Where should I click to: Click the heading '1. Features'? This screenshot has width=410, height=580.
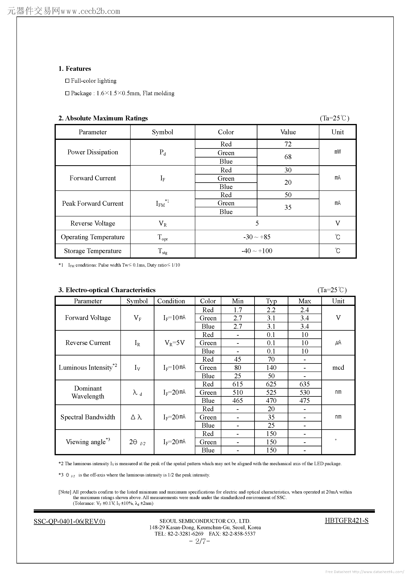click(x=75, y=69)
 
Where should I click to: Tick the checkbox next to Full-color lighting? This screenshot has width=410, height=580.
click(x=67, y=81)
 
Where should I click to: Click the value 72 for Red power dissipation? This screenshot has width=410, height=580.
click(x=288, y=144)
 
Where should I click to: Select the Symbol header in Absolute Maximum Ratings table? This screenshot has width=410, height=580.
click(x=163, y=132)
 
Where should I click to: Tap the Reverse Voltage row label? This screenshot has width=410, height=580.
click(x=92, y=223)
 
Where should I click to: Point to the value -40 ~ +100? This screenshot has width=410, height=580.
click(x=257, y=251)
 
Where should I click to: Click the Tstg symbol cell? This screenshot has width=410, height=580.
click(x=163, y=251)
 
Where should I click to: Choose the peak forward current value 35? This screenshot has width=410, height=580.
click(x=288, y=207)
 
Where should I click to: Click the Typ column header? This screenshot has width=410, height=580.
click(x=271, y=301)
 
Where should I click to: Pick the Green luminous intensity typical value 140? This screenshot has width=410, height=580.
click(x=271, y=368)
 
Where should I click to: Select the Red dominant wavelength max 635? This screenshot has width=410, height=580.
click(x=305, y=384)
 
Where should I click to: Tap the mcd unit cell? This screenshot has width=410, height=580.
click(x=338, y=368)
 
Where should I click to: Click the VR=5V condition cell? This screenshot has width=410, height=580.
click(x=174, y=343)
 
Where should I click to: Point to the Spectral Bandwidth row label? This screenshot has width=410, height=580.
click(x=88, y=417)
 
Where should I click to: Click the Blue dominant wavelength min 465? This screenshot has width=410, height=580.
click(x=238, y=401)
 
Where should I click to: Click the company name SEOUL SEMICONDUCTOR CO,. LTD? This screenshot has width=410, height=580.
click(x=205, y=521)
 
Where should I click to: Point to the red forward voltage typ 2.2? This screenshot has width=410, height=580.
click(x=271, y=310)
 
